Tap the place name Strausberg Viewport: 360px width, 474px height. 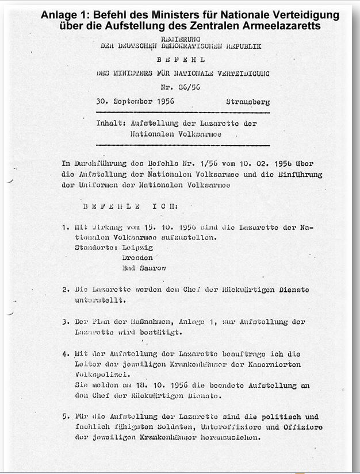(x=248, y=102)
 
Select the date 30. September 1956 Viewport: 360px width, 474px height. (x=135, y=102)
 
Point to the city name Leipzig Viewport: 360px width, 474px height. (x=138, y=248)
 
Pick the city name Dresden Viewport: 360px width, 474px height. (x=138, y=258)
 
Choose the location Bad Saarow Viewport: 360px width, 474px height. (x=144, y=268)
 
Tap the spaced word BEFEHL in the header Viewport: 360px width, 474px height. (x=181, y=59)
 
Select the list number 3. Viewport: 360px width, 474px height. (x=66, y=322)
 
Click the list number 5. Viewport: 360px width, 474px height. (x=66, y=416)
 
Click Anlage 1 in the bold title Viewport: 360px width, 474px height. (x=61, y=15)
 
